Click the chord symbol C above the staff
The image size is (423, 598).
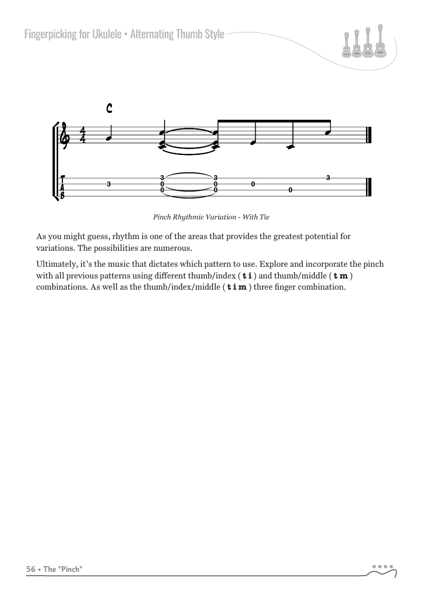coord(109,109)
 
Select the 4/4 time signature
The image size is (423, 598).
coord(83,135)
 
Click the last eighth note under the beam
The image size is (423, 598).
coord(328,132)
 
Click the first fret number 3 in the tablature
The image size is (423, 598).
coord(109,184)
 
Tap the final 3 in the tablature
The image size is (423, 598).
coord(328,178)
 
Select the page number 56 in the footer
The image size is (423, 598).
coord(31,569)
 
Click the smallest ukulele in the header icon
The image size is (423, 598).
coord(347,45)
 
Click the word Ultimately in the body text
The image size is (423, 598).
coord(55,264)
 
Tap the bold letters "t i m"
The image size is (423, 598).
coord(237,288)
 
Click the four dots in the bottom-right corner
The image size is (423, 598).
coord(383,567)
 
